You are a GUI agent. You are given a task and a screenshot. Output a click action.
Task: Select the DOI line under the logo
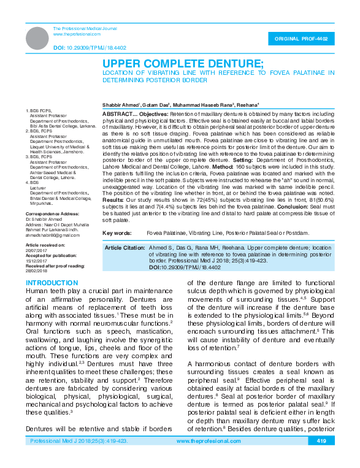[90, 47]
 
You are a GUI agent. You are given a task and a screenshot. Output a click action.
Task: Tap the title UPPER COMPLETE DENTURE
[182, 64]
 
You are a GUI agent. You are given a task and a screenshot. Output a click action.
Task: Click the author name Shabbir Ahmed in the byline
[120, 104]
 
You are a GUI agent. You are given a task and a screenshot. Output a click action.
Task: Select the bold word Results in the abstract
[113, 199]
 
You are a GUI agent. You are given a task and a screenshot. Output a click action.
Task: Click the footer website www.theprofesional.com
[207, 441]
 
